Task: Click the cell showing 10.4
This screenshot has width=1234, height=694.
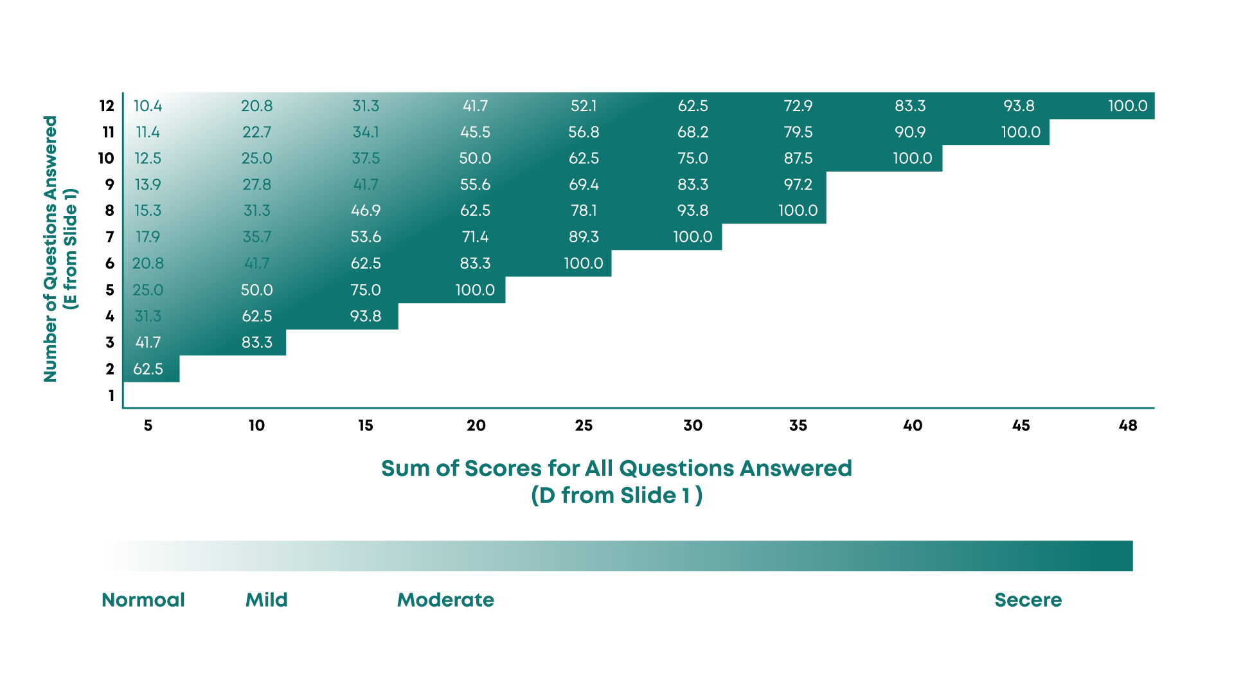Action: pos(148,106)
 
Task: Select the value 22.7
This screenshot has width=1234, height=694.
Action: pos(256,132)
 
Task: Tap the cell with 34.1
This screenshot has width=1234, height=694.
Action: pos(366,132)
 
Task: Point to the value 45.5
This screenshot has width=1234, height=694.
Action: pos(475,132)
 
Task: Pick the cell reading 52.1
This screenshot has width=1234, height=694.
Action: pos(584,106)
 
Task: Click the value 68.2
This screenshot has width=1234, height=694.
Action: pos(693,132)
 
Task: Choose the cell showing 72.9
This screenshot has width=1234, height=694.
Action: pos(798,106)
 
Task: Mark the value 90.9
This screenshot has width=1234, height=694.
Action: pos(910,132)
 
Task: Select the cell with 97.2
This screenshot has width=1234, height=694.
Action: pos(798,185)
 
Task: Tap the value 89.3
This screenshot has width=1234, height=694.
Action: pos(584,237)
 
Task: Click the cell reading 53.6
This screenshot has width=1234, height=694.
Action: pos(366,237)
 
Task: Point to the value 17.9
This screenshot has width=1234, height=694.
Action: pos(148,237)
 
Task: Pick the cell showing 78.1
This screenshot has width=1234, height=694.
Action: pos(584,211)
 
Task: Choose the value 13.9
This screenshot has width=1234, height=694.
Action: pos(148,185)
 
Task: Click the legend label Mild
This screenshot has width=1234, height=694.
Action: pos(267,600)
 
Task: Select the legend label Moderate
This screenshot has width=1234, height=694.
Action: pos(445,600)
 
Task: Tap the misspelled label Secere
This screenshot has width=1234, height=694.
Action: pos(1028,600)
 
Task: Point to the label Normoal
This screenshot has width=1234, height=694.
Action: pos(143,600)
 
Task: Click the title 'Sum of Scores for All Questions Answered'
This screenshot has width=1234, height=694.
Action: pos(616,468)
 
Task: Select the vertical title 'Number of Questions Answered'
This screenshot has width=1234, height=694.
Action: pos(51,249)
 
